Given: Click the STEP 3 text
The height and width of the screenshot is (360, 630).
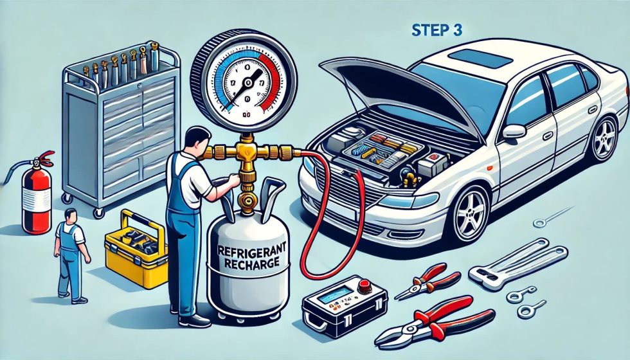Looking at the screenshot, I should [435, 30].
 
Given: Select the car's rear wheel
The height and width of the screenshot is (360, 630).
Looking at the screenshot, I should [604, 138].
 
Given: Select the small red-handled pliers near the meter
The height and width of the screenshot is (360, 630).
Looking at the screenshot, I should [428, 283].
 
